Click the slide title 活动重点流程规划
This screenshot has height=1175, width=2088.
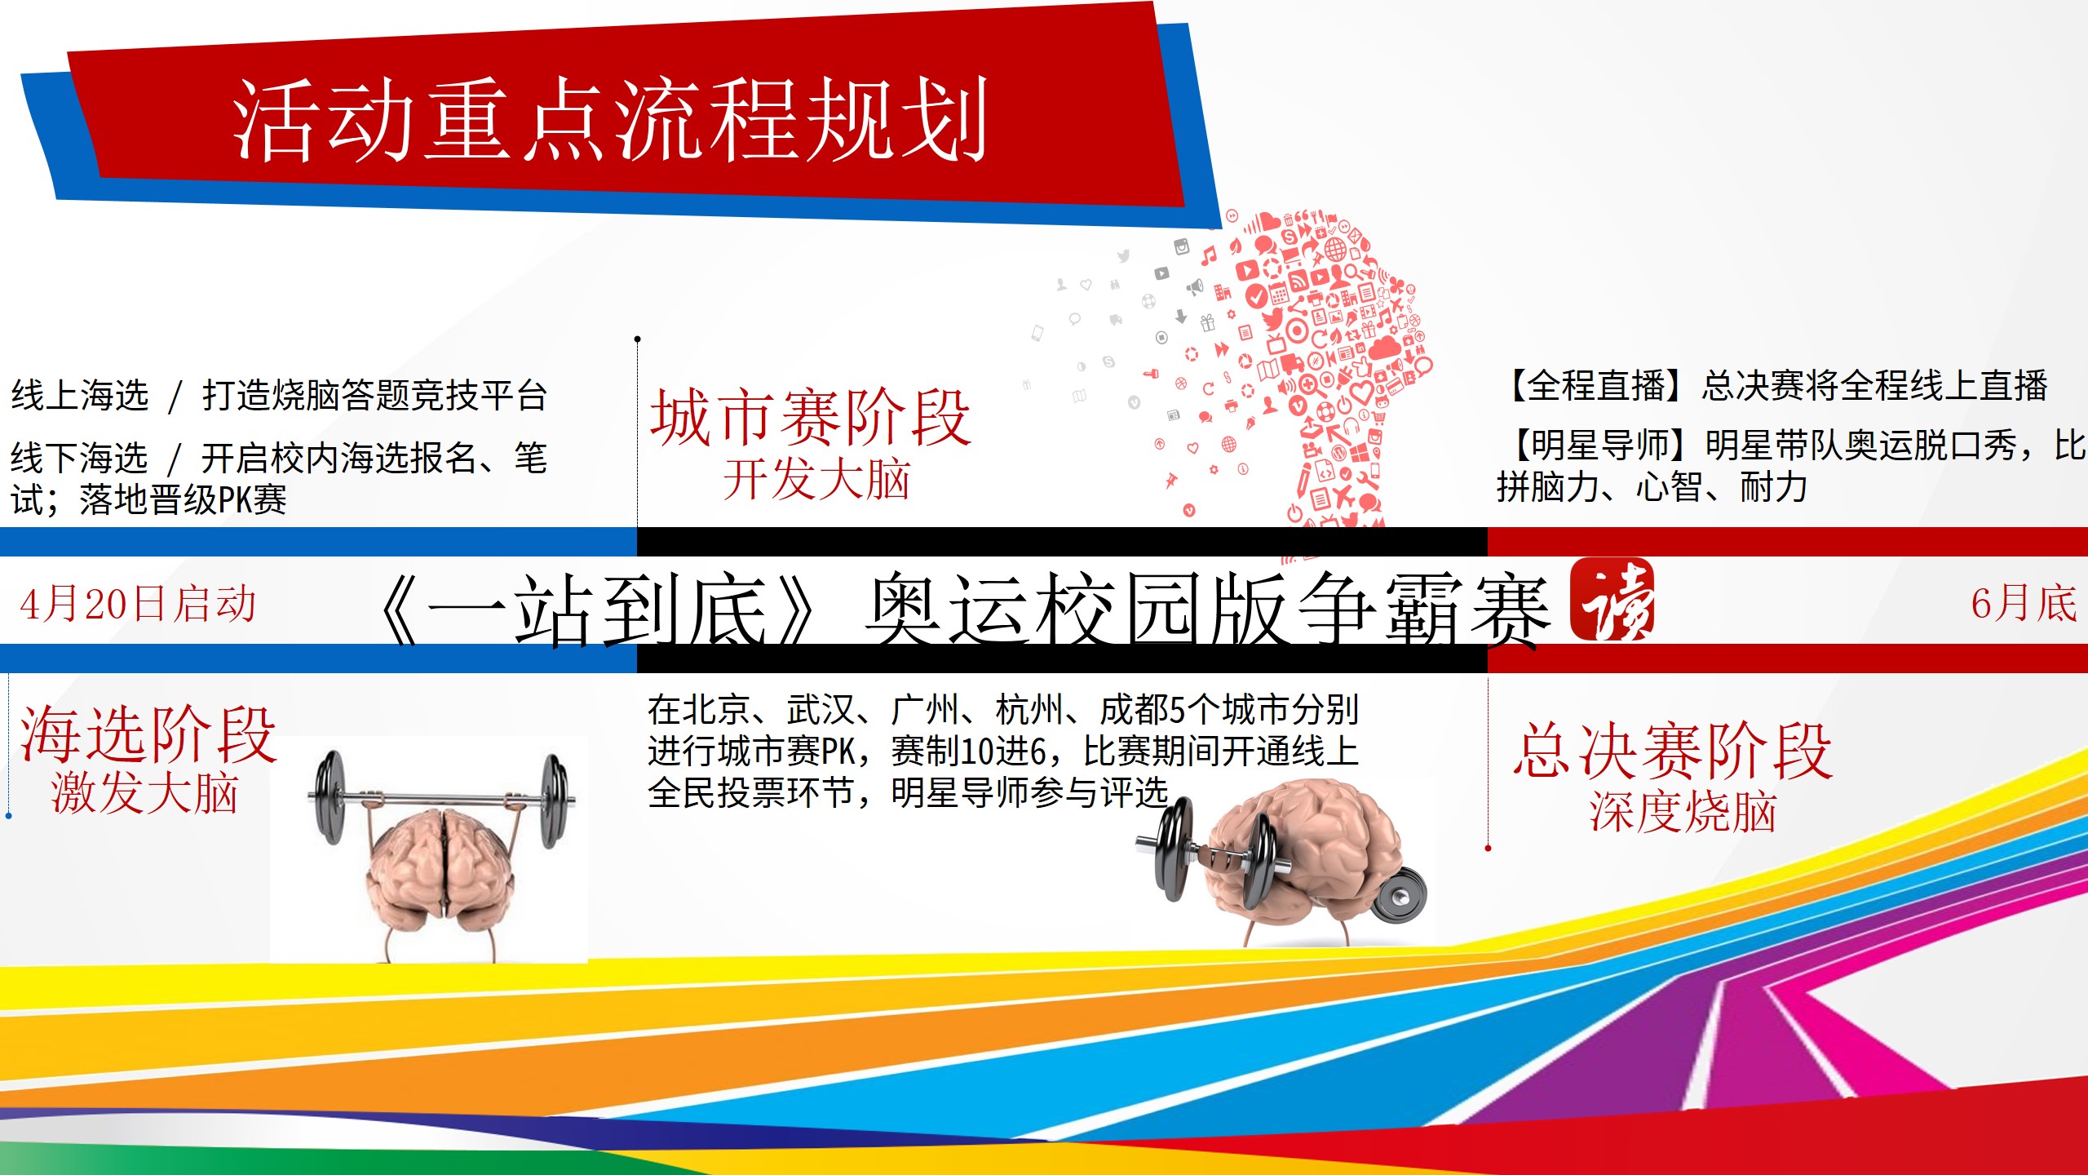click(x=610, y=120)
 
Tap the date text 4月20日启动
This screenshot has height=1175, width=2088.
click(x=138, y=605)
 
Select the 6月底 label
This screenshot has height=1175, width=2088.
click(x=2024, y=605)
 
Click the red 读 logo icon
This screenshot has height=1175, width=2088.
click(x=1612, y=599)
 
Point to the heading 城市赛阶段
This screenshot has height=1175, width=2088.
click(x=810, y=418)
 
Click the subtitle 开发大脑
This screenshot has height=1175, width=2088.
click(x=816, y=479)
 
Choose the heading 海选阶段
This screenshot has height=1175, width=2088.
click(x=148, y=734)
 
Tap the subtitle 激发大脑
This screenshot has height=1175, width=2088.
click(x=144, y=793)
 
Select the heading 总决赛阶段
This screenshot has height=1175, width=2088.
click(x=1673, y=751)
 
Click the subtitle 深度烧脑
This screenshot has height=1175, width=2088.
click(x=1683, y=812)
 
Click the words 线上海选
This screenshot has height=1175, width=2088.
click(x=80, y=395)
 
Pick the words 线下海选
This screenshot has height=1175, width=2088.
click(x=79, y=458)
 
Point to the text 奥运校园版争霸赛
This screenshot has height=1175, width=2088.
click(x=1207, y=609)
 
